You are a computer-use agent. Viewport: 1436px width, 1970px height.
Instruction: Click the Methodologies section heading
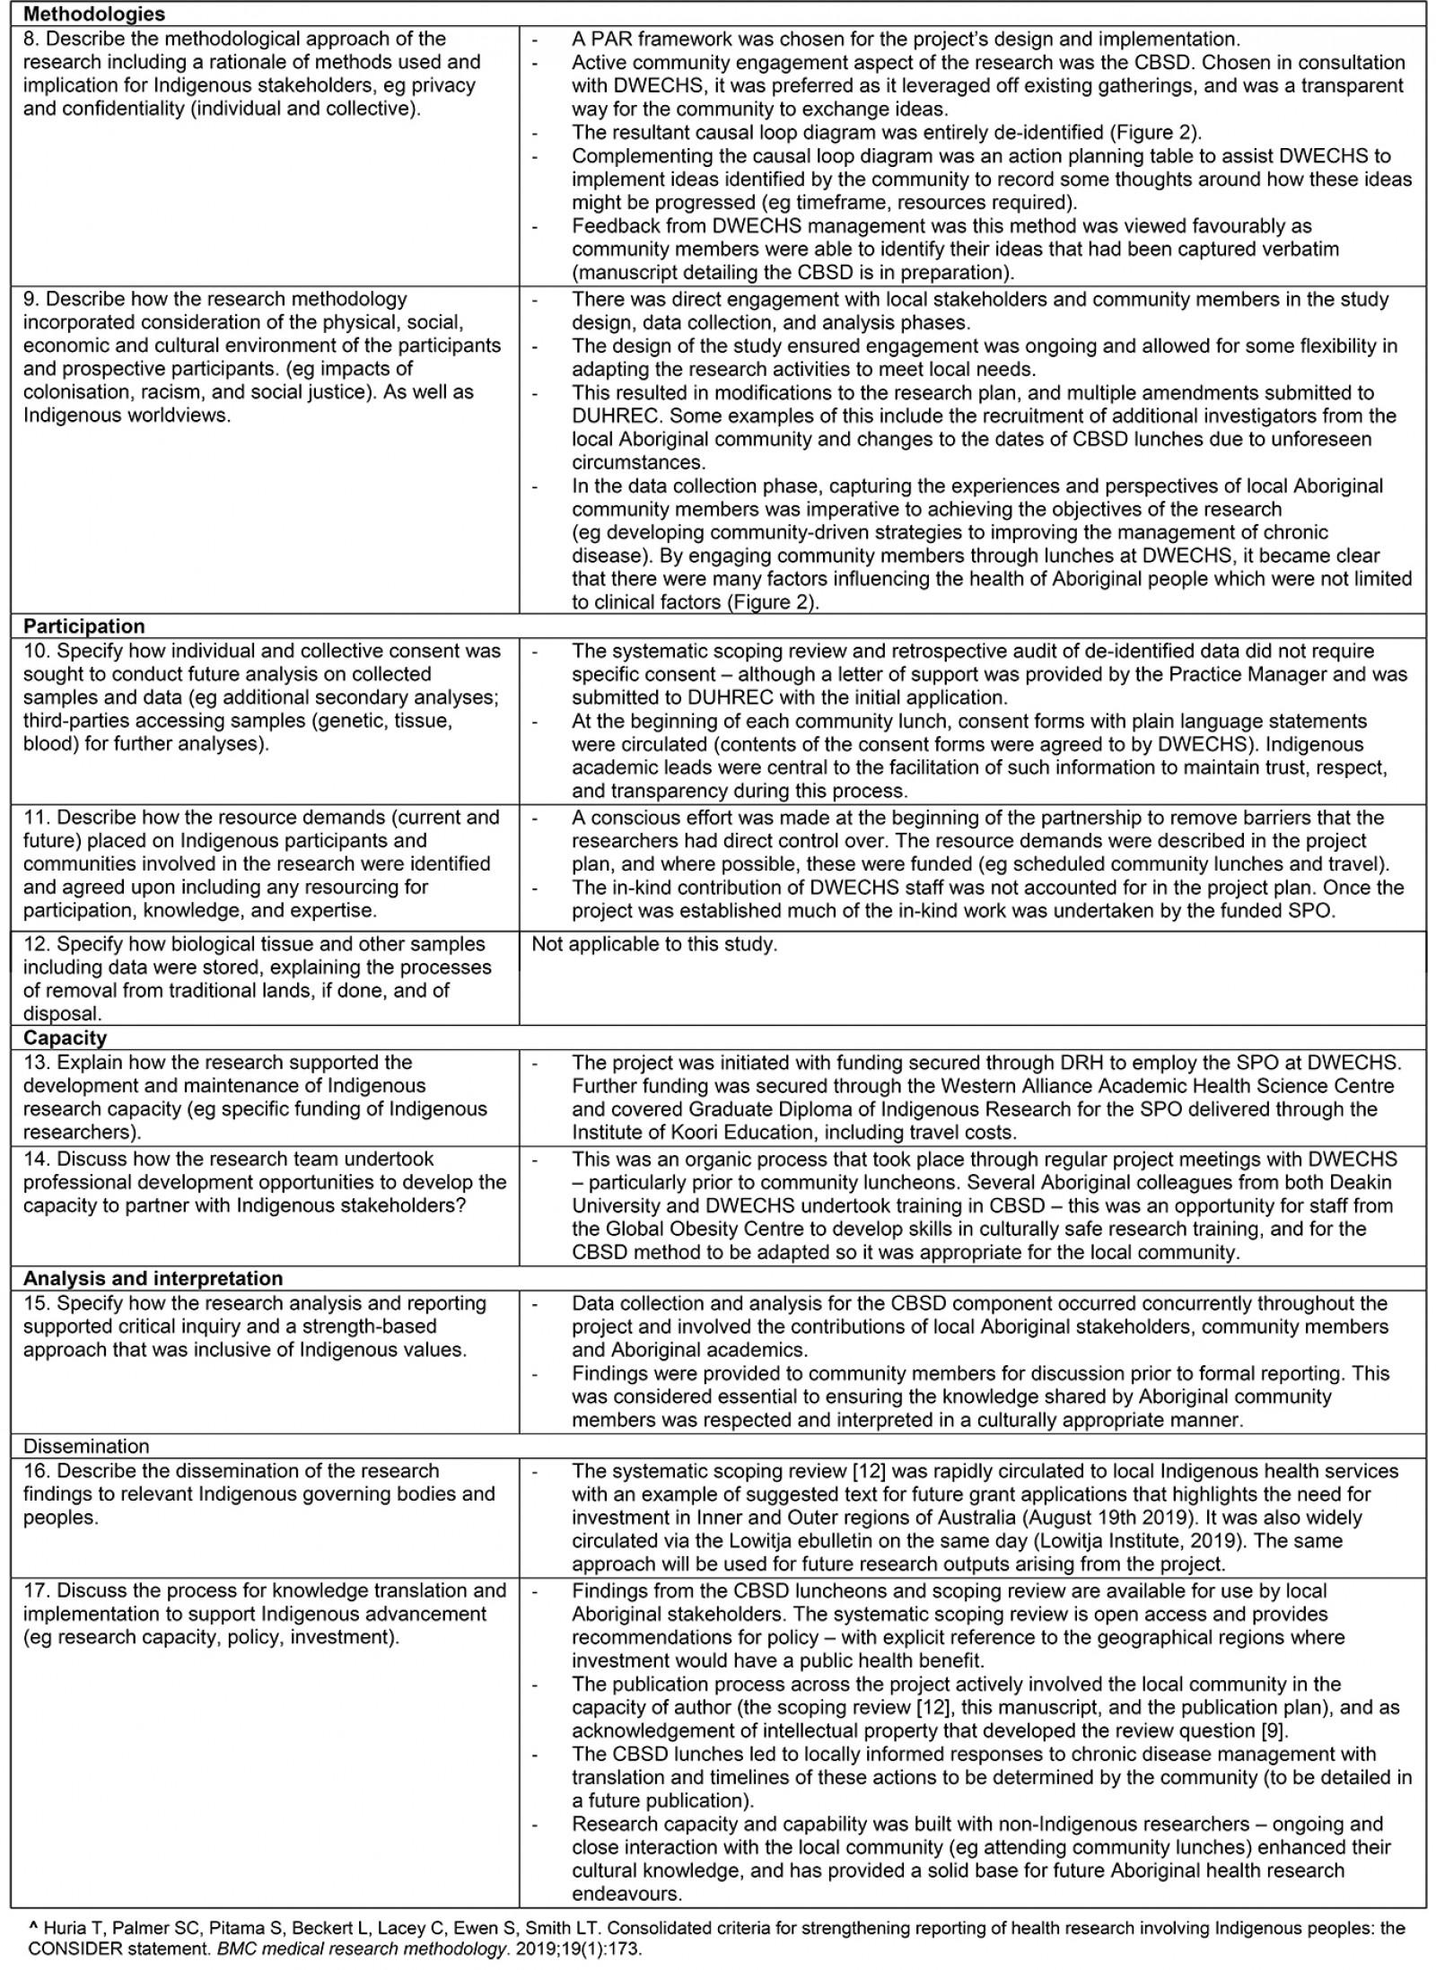pos(93,14)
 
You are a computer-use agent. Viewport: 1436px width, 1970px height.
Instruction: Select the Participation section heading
pos(83,626)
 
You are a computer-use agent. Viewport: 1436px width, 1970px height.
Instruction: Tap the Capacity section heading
pos(65,1038)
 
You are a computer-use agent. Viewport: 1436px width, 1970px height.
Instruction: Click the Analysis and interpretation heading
pos(153,1278)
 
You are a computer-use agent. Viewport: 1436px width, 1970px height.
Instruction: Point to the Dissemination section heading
pos(86,1446)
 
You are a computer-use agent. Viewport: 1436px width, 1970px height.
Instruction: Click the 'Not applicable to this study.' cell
pos(654,944)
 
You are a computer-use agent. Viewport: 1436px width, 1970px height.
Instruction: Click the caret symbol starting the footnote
pos(33,1926)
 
